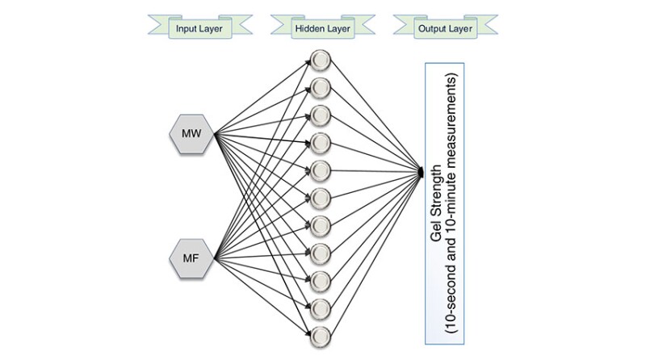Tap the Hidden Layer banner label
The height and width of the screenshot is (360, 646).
pyautogui.click(x=321, y=30)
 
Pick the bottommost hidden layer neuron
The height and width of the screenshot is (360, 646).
pyautogui.click(x=321, y=334)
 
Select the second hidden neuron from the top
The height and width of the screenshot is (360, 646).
pyautogui.click(x=321, y=86)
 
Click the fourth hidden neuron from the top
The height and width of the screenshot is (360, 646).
pyautogui.click(x=321, y=142)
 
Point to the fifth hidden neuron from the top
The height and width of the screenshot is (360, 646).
pyautogui.click(x=321, y=170)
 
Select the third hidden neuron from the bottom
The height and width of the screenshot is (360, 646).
pyautogui.click(x=321, y=279)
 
